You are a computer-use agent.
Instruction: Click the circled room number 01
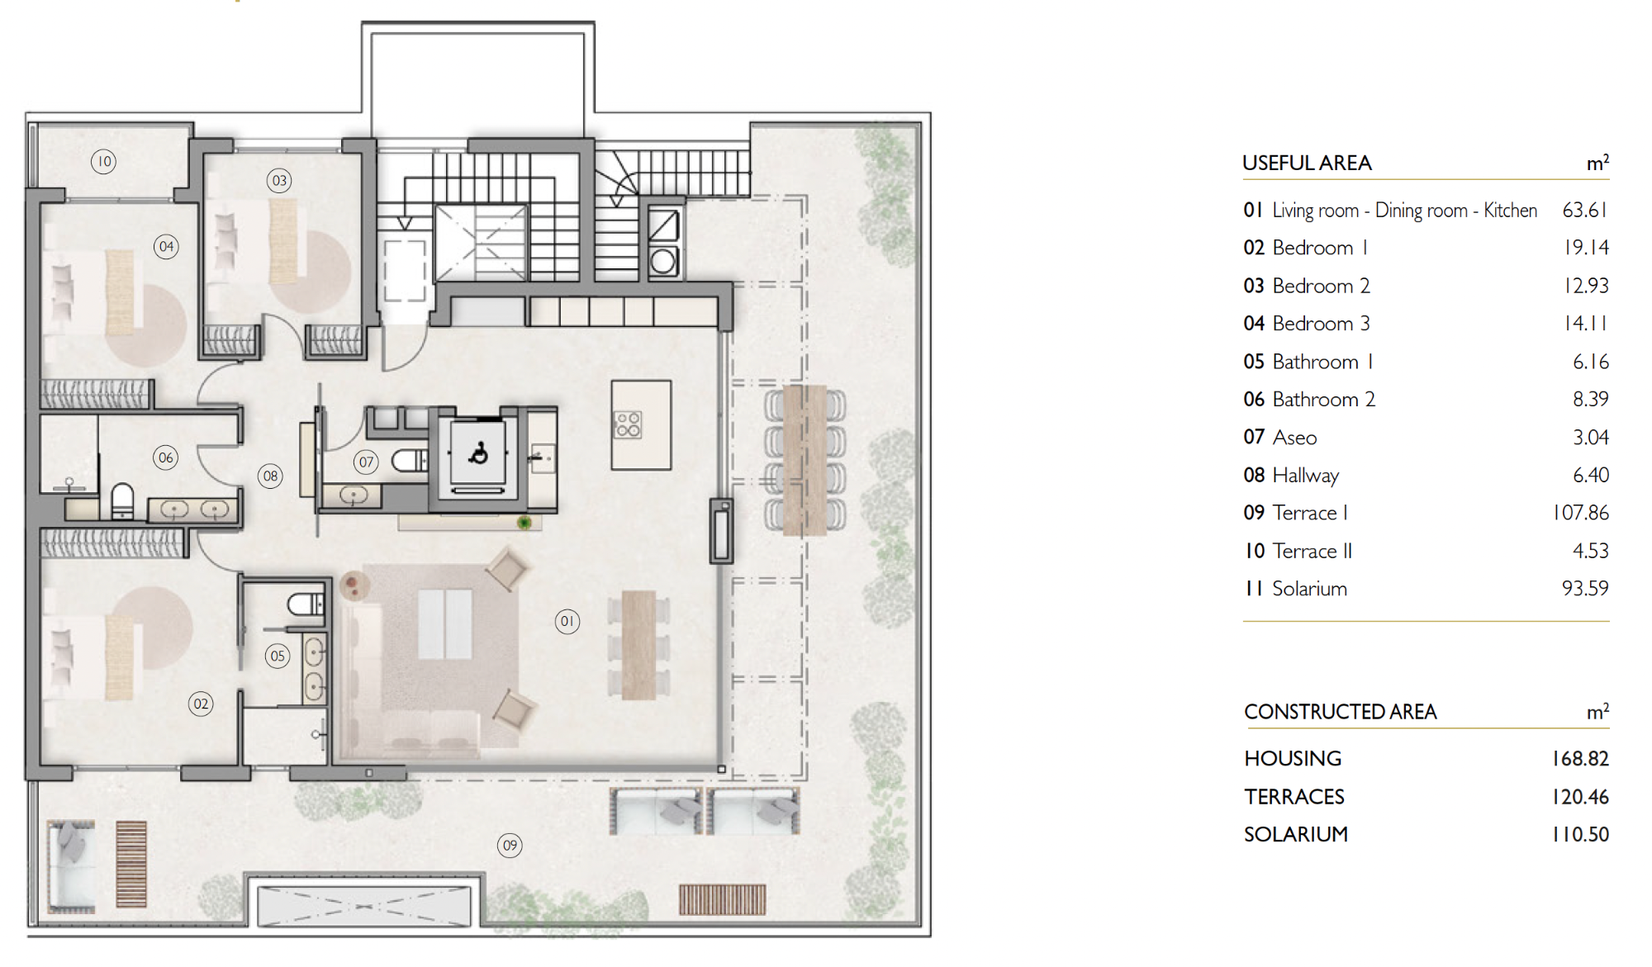click(x=567, y=621)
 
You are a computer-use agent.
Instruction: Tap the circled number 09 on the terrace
click(x=510, y=845)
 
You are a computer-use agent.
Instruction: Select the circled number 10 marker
click(x=103, y=161)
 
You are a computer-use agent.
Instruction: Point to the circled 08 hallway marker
click(x=270, y=476)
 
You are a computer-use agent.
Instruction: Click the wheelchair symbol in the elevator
click(x=478, y=453)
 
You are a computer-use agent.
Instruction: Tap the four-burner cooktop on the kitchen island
click(x=628, y=424)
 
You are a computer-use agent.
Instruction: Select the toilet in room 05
click(x=306, y=604)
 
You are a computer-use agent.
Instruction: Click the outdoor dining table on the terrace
click(x=805, y=459)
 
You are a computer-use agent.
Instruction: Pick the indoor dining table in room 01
click(x=638, y=645)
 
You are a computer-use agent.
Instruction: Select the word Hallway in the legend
click(x=1306, y=476)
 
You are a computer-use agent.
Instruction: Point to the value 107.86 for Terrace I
click(x=1581, y=513)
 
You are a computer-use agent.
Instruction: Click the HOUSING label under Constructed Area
click(x=1293, y=758)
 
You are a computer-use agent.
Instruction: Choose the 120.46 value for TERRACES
click(x=1581, y=797)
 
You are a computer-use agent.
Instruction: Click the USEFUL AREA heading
click(x=1307, y=164)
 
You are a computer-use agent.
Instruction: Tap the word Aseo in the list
click(x=1294, y=438)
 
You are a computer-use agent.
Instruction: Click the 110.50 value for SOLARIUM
click(x=1581, y=835)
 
